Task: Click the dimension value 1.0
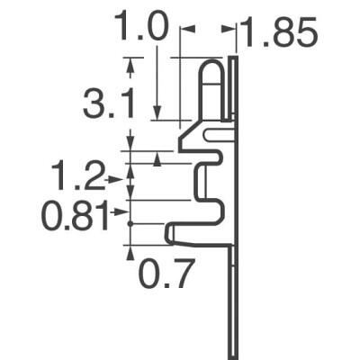tap(141, 27)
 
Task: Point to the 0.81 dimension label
tap(68, 216)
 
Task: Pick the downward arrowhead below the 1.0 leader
tap(158, 113)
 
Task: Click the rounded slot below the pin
tap(219, 135)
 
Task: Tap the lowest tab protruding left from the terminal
tap(172, 236)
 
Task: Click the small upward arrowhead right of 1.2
tap(158, 159)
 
